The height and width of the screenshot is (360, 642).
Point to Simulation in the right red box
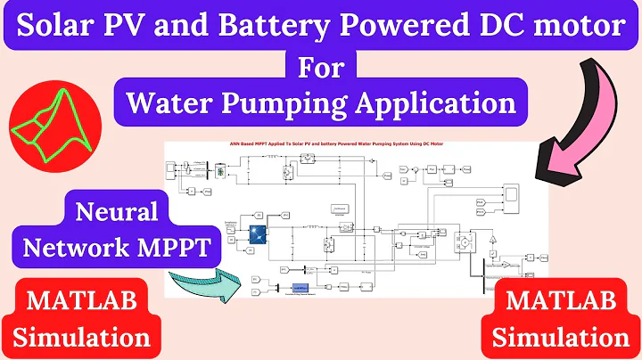562,338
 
